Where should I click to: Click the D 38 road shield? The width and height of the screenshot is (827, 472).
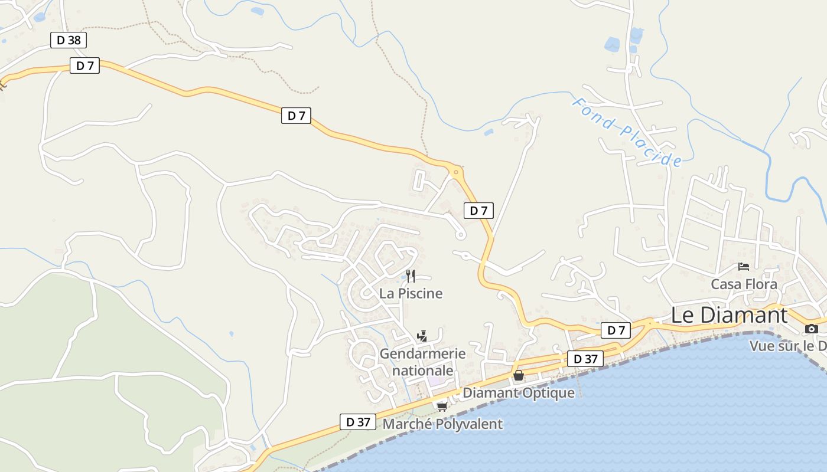coord(69,40)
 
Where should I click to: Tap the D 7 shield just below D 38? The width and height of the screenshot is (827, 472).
coord(84,65)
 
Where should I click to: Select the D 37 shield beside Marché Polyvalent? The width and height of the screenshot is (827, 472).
coord(358,422)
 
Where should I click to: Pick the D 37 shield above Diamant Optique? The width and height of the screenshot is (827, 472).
coord(585,359)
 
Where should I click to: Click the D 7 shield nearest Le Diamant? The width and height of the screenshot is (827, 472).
coord(616,330)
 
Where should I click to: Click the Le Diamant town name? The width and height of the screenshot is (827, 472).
coord(729,315)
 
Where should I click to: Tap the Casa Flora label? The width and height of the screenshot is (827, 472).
coord(744,284)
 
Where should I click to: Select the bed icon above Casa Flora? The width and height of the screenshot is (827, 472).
coord(744,267)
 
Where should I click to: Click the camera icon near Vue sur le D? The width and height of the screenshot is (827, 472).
coord(812,329)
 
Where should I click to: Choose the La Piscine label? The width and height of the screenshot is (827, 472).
coord(411,293)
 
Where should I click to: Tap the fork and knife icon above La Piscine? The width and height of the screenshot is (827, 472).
coord(411,276)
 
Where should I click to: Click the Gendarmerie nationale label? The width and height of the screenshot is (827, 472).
coord(422,362)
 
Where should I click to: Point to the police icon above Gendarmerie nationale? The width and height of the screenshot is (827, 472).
coord(422,337)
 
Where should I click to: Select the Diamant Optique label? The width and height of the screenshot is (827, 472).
coord(519,393)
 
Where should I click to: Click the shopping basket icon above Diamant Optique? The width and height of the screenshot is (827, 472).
coord(519,375)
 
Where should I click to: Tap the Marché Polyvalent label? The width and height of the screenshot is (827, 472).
coord(443,424)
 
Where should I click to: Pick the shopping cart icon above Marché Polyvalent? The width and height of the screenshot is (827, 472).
coord(442,406)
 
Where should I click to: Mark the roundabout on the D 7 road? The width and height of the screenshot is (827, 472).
coord(456,172)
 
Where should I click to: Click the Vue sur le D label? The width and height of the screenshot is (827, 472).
coord(788,346)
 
